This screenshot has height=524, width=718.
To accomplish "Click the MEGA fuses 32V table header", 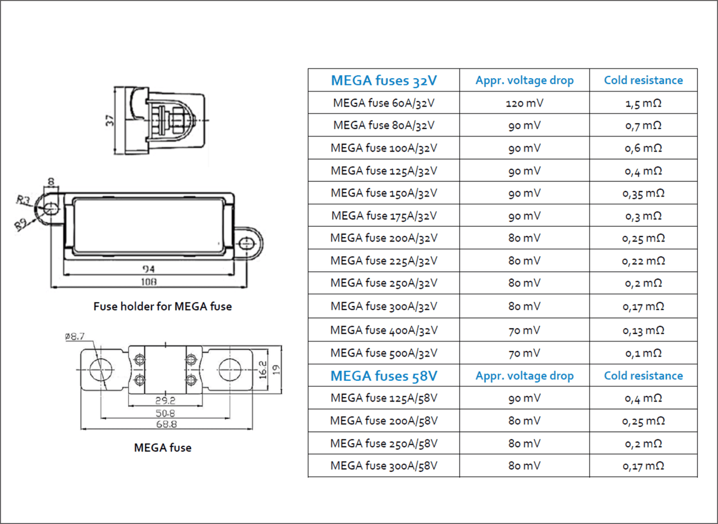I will (x=384, y=80).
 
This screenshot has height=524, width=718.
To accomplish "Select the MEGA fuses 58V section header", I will (x=384, y=376).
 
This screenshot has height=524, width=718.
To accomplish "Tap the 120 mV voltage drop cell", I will (x=524, y=103).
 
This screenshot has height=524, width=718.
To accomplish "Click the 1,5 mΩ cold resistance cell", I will (x=643, y=103).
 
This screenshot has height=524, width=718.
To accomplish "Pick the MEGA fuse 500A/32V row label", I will (x=384, y=353).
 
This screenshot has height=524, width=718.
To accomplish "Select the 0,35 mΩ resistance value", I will (x=643, y=193).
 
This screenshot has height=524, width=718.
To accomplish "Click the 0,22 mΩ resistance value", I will (x=643, y=261).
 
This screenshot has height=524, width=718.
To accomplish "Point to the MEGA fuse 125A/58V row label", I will (x=384, y=398).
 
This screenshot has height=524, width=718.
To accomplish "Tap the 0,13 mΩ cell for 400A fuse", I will (x=643, y=330).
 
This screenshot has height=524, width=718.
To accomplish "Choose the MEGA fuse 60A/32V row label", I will (x=384, y=103).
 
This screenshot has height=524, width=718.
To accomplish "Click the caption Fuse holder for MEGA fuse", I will (x=162, y=307).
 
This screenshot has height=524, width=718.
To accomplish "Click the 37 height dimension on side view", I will (x=110, y=120).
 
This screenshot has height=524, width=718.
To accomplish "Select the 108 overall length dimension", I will (x=149, y=281).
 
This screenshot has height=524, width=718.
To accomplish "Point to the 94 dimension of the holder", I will (x=149, y=269).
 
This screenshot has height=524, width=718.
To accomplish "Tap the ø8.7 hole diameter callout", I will (x=75, y=336).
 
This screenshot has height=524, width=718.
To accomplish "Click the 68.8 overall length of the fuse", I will (x=167, y=425).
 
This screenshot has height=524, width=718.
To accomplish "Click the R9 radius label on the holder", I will (x=21, y=225).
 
